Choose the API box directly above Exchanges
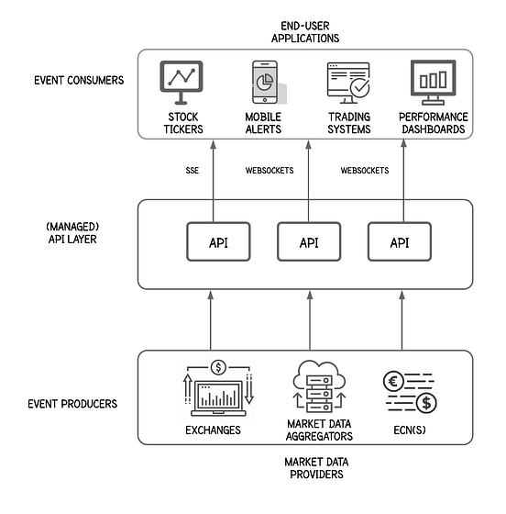(219, 243)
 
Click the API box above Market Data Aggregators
(310, 243)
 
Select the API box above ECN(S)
(400, 243)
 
